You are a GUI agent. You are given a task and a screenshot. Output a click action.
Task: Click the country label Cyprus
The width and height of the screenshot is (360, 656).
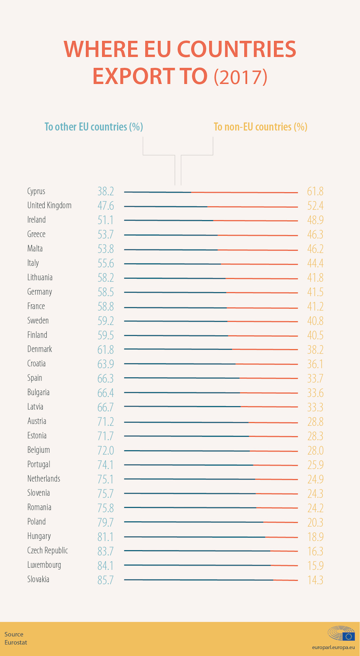(36, 191)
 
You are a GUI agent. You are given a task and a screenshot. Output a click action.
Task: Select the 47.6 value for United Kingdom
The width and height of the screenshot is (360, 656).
(106, 206)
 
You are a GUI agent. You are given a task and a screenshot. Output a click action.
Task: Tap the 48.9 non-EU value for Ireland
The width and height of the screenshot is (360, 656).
(315, 220)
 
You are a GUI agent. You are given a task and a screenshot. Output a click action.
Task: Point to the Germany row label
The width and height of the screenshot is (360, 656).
(40, 292)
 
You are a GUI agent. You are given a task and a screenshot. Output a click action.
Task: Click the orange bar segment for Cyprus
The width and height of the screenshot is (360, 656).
(244, 192)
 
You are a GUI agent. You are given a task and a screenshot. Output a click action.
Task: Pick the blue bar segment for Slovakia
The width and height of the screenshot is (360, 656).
(198, 579)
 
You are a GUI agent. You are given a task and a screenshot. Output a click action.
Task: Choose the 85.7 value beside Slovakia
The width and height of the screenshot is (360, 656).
(106, 580)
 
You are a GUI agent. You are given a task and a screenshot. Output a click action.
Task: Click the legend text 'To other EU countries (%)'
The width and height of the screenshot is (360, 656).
(94, 127)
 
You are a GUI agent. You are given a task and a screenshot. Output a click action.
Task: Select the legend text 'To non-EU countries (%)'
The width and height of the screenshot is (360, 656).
(261, 127)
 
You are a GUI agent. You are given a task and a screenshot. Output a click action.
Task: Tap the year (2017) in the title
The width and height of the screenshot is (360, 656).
(241, 76)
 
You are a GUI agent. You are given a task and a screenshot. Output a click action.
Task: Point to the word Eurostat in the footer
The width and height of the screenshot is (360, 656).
(16, 642)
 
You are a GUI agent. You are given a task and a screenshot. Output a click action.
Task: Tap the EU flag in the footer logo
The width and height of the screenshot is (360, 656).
(348, 636)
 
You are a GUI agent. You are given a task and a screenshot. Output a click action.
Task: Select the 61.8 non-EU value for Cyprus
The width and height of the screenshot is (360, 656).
(315, 191)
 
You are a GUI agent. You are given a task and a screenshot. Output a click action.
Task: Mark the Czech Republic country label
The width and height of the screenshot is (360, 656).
(48, 551)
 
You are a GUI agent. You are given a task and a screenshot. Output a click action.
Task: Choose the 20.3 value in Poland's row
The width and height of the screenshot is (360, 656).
(315, 522)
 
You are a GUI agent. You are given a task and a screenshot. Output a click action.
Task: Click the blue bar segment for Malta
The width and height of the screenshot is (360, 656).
(171, 249)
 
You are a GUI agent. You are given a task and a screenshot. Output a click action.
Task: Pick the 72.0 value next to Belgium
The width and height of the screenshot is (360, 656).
(106, 450)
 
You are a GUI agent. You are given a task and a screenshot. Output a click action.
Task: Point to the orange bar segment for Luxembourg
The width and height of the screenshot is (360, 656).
(284, 565)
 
